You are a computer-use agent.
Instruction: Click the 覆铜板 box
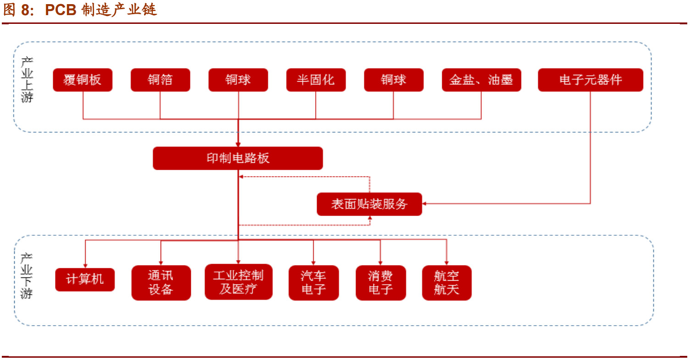tap(83, 80)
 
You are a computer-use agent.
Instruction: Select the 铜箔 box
tap(160, 80)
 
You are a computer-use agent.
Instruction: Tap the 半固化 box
tap(316, 80)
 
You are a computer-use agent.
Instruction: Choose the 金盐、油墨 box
tap(481, 80)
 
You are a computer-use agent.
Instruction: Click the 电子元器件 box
tap(590, 80)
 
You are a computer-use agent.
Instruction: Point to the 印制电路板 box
tap(238, 158)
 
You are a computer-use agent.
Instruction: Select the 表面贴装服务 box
tap(369, 204)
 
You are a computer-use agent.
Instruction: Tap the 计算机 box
tap(85, 279)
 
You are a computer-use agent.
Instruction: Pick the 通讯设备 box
tap(161, 282)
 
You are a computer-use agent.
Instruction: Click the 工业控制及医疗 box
tap(239, 282)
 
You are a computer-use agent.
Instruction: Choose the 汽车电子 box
tap(314, 282)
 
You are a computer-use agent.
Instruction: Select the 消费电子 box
tap(381, 282)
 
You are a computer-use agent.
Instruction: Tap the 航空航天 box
tap(446, 282)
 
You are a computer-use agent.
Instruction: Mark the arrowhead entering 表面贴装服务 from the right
tap(425, 203)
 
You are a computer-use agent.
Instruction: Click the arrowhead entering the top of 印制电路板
tap(238, 144)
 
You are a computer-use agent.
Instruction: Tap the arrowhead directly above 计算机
tap(85, 264)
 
